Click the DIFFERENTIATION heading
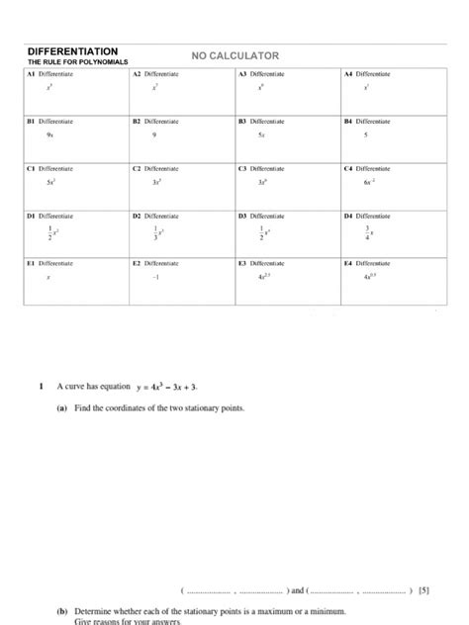point(73,50)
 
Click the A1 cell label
point(31,74)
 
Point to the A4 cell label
point(347,74)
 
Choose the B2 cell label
point(138,121)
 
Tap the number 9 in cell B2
point(154,135)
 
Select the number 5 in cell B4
point(366,135)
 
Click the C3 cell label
point(242,168)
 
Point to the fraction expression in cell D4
point(368,230)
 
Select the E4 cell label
point(347,262)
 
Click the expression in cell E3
point(261,278)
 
